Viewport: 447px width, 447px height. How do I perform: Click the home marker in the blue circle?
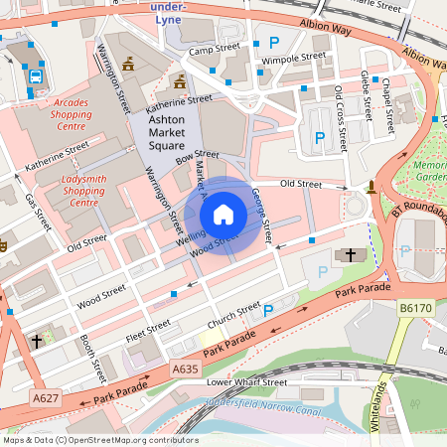click(223, 214)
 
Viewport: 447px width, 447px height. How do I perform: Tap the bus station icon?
click(36, 75)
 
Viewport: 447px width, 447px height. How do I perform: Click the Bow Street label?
click(196, 155)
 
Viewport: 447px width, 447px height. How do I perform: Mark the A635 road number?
click(184, 370)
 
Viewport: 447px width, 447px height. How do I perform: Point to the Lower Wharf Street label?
click(246, 382)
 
